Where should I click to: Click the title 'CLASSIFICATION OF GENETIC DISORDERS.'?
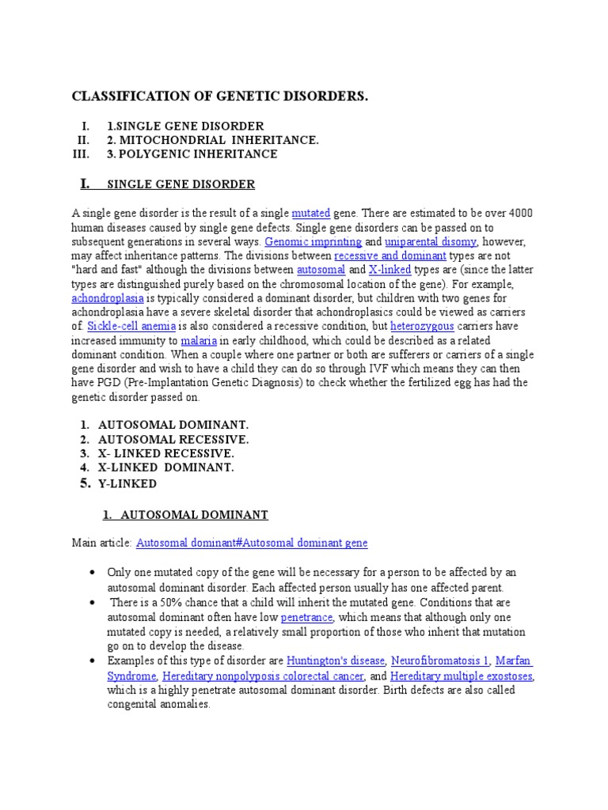click(x=220, y=97)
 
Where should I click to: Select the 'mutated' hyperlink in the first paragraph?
click(x=310, y=214)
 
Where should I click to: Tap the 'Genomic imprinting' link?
click(x=313, y=242)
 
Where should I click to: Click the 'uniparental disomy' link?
click(x=431, y=242)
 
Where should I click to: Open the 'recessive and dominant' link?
click(x=390, y=256)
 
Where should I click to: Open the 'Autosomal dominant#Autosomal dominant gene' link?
click(x=252, y=543)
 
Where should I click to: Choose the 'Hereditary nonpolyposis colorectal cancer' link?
click(x=263, y=676)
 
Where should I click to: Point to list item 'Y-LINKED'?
click(x=127, y=484)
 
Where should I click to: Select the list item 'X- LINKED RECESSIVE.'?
click(x=165, y=454)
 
